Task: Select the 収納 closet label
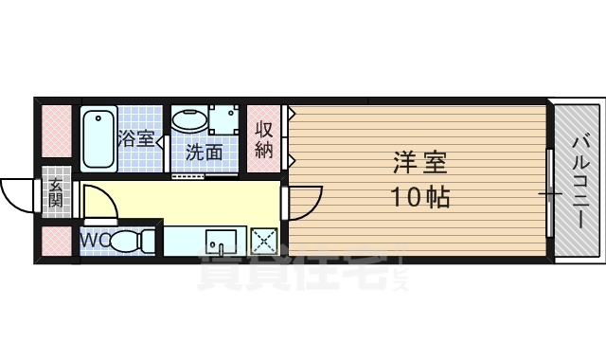point(264,139)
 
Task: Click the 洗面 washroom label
point(204,152)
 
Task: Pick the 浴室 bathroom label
point(136,138)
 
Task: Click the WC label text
point(94,241)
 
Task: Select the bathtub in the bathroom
point(98,138)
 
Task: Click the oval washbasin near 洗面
point(188,120)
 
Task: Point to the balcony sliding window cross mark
point(550,194)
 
